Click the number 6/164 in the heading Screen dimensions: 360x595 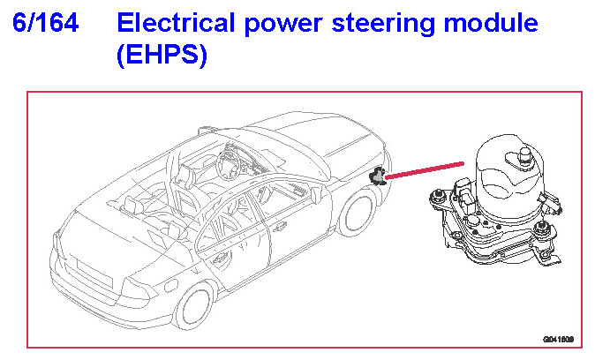click(x=46, y=23)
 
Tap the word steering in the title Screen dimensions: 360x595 click(x=382, y=25)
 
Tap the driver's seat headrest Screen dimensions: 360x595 click(x=184, y=176)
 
